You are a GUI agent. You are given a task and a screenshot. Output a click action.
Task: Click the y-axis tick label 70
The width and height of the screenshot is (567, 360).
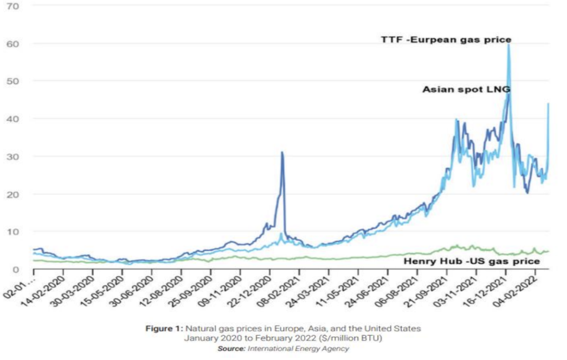point(13,6)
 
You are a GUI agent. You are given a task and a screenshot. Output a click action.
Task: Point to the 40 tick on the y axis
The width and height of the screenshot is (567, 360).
point(13,119)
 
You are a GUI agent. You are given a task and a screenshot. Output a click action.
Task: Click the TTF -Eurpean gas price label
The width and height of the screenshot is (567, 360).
point(446,40)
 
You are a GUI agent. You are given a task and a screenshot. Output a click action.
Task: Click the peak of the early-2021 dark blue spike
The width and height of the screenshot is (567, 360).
point(282,152)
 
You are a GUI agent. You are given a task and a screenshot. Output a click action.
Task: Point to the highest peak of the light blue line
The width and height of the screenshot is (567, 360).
point(508,44)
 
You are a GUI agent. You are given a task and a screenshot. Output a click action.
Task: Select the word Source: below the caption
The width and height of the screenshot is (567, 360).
point(232,348)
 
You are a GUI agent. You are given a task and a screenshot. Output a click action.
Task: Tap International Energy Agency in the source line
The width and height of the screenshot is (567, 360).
point(298,348)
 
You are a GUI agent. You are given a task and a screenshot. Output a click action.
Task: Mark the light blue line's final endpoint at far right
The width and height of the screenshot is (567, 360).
point(548,104)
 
